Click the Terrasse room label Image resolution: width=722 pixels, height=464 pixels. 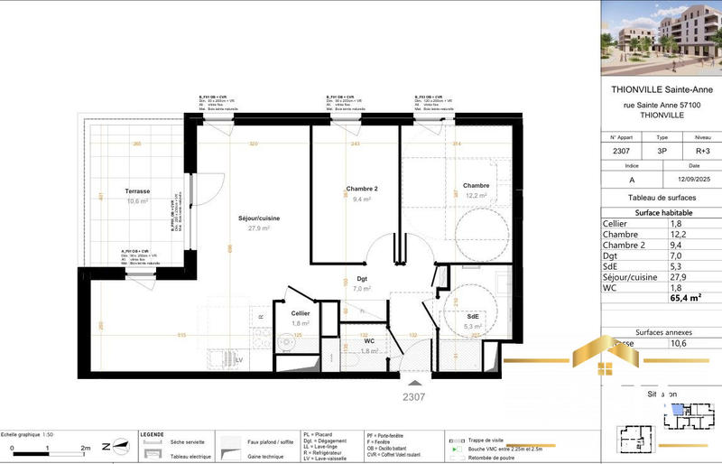137,191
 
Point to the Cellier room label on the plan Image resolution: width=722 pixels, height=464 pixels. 301,313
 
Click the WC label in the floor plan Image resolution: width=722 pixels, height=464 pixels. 369,341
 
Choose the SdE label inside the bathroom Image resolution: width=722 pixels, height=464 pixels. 475,316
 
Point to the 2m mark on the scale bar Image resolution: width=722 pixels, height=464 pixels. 85,448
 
